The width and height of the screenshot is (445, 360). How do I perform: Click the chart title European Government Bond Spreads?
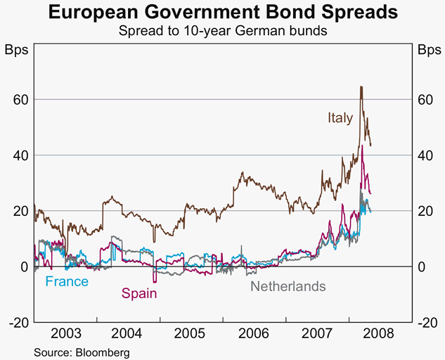pos(222,13)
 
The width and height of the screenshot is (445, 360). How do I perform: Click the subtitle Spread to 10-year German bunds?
pos(222,31)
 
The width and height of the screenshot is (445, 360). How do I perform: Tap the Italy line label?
pos(340,118)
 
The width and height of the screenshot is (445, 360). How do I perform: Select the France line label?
pos(67,282)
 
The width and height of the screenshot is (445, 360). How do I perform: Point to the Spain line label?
pos(139,293)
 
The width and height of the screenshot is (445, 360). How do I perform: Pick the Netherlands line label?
pos(288,286)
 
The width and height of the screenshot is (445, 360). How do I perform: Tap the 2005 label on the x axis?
pos(192,334)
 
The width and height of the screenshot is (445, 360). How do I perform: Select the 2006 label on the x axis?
pos(254,334)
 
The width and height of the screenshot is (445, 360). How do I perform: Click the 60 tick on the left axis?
pos(20,99)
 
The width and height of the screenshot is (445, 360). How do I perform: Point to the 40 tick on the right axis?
pos(425,155)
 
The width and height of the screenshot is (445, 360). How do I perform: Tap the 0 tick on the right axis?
pos(421,266)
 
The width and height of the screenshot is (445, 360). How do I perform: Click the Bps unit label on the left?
pos(18,51)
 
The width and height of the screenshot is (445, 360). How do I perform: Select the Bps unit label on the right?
pos(428,51)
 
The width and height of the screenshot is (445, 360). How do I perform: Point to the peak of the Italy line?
pos(361,86)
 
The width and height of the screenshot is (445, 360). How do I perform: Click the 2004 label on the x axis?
pos(129,334)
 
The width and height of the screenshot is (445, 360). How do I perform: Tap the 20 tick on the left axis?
pos(20,211)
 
